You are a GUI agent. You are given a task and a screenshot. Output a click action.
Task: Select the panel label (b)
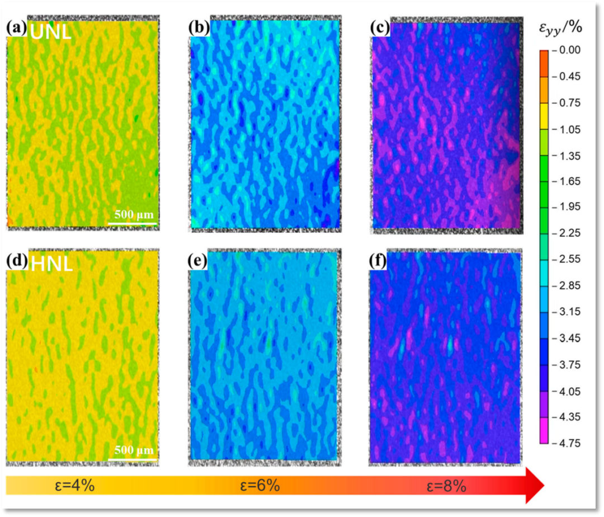coord(199,28)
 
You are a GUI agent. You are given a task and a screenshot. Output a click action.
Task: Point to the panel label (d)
coord(17,261)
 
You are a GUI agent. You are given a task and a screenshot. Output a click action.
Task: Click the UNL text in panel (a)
coord(50,31)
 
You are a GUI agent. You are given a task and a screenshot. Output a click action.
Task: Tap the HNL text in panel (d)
coord(51,263)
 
